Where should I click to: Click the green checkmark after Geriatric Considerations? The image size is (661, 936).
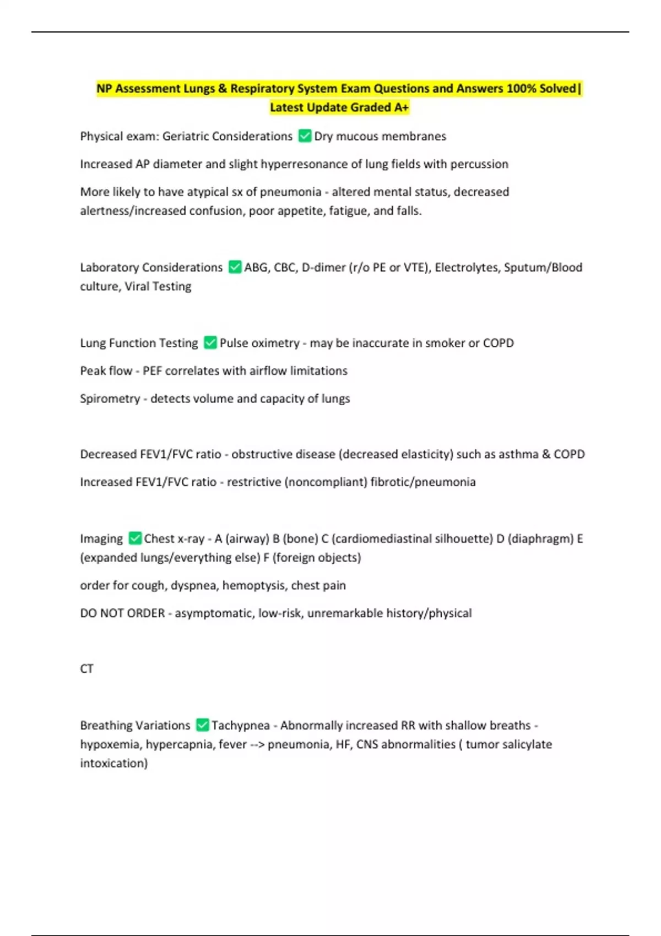(305, 135)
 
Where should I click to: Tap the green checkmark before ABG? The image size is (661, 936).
(235, 266)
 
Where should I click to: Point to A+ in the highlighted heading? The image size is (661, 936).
(402, 107)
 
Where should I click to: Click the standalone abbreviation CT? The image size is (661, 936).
(86, 668)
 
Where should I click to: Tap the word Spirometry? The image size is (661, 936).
(110, 398)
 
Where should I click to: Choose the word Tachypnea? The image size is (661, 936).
(241, 725)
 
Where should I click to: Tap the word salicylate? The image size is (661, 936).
(524, 744)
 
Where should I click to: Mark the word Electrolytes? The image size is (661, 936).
(466, 267)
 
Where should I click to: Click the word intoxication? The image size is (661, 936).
(113, 763)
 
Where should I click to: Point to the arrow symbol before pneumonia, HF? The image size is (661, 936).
(257, 744)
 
